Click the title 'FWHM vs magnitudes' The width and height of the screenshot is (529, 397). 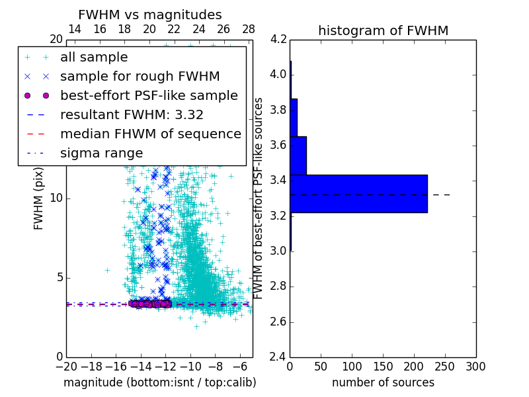pyautogui.click(x=150, y=15)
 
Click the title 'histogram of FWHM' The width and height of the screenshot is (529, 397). pyautogui.click(x=383, y=30)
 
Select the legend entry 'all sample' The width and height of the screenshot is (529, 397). pyautogui.click(x=94, y=58)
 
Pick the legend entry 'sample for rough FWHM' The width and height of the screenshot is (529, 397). pyautogui.click(x=140, y=77)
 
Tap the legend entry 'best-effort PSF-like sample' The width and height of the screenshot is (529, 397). pyautogui.click(x=149, y=95)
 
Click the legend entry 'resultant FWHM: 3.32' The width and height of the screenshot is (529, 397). pyautogui.click(x=132, y=114)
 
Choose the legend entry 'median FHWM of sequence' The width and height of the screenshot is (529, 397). pyautogui.click(x=150, y=134)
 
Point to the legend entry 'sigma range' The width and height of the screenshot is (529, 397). pyautogui.click(x=101, y=153)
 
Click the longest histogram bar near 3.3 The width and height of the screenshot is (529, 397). pyautogui.click(x=358, y=193)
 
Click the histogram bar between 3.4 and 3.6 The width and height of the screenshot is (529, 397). pyautogui.click(x=298, y=155)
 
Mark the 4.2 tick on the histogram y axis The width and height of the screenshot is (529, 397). pyautogui.click(x=278, y=39)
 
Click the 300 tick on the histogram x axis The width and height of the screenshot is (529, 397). pyautogui.click(x=475, y=367)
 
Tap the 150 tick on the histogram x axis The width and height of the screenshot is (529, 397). pyautogui.click(x=383, y=367)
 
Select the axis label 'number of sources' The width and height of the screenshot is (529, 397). pyautogui.click(x=383, y=382)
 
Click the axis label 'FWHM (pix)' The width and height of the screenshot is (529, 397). pyautogui.click(x=39, y=198)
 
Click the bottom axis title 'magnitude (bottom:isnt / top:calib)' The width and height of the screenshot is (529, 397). pyautogui.click(x=159, y=382)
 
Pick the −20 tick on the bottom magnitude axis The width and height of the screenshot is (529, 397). pyautogui.click(x=66, y=367)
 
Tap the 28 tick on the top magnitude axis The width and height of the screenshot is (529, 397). pyautogui.click(x=249, y=29)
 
